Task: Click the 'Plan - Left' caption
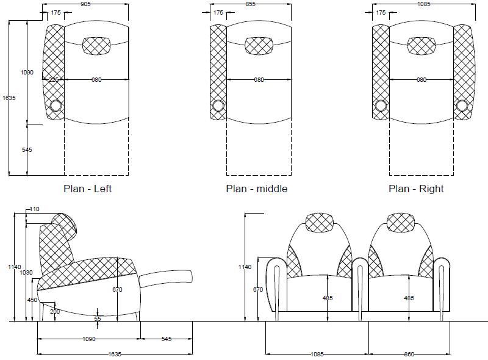pyautogui.click(x=87, y=189)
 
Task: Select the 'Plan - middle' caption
pyautogui.click(x=257, y=189)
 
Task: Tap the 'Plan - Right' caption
pyautogui.click(x=416, y=189)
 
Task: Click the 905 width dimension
pyautogui.click(x=85, y=4)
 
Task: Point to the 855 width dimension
pyautogui.click(x=250, y=4)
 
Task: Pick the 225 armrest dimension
pyautogui.click(x=54, y=80)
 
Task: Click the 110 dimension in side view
pyautogui.click(x=34, y=209)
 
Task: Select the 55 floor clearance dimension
pyautogui.click(x=98, y=319)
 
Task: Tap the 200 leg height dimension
pyautogui.click(x=55, y=311)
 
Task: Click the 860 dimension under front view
pyautogui.click(x=409, y=354)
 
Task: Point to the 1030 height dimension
pyautogui.click(x=26, y=273)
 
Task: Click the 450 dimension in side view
pyautogui.click(x=32, y=300)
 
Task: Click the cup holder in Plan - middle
pyautogui.click(x=218, y=106)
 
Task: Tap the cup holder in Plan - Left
pyautogui.click(x=56, y=106)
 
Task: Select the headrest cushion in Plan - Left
pyautogui.click(x=96, y=46)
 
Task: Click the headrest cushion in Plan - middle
pyautogui.click(x=259, y=46)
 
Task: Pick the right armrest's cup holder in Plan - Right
pyautogui.click(x=462, y=106)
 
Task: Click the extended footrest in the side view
pyautogui.click(x=166, y=277)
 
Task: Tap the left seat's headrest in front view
pyautogui.click(x=320, y=222)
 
